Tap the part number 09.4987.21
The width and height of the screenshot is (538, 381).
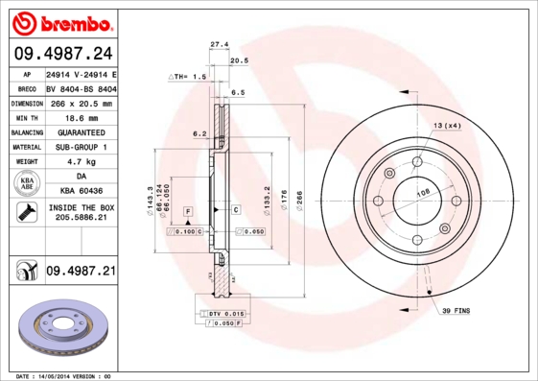tap(81, 272)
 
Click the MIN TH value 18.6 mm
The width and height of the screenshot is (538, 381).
tap(80, 117)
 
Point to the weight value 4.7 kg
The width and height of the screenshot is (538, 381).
tap(80, 162)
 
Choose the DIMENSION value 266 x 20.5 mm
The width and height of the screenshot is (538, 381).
tap(81, 103)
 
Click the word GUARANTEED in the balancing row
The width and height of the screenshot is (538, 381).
tap(81, 131)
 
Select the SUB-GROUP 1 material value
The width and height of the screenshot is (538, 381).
tap(81, 147)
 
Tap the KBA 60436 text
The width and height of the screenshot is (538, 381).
tap(81, 191)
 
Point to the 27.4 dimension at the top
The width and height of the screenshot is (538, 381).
tap(219, 44)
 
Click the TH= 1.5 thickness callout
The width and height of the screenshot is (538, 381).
tap(188, 76)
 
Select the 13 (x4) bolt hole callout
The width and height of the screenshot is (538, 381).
tap(446, 126)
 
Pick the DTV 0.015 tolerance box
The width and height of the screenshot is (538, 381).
tap(222, 314)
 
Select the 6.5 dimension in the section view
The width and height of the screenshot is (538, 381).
tap(238, 92)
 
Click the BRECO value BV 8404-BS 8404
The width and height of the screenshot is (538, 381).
tap(81, 88)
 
